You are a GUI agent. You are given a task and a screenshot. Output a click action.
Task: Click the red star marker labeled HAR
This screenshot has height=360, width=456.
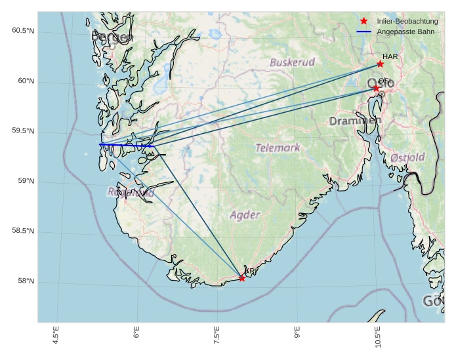coord(380,64)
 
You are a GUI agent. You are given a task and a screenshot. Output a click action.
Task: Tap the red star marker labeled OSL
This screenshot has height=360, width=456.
coord(376,88)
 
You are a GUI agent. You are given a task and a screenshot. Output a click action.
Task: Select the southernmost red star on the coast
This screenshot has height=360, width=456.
coord(242,278)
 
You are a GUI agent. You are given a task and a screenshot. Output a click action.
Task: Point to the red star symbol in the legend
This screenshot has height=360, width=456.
coord(364,22)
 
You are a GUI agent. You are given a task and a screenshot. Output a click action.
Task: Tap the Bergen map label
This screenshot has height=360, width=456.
coord(113,38)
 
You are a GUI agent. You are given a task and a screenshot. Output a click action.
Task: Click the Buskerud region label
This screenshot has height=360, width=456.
coord(292,62)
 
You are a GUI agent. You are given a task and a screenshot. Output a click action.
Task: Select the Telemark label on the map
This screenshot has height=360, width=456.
coord(278,148)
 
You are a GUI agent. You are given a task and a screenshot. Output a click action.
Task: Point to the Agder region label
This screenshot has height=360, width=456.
coord(245,215)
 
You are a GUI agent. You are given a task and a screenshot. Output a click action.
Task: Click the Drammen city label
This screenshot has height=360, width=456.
coord(354,121)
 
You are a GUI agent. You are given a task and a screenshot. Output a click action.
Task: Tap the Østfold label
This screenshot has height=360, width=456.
coord(407,157)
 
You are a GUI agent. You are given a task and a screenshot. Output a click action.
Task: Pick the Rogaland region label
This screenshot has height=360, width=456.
coord(131,193)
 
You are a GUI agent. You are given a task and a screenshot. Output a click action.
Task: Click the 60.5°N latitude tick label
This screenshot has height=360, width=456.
coord(23,31)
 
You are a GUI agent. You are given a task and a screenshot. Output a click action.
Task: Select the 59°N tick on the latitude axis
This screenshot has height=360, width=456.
coord(25,181)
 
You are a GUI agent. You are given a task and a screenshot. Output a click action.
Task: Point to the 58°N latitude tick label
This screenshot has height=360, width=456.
coord(25,281)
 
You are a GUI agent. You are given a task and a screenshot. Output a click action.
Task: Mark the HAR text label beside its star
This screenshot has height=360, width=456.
coord(390,56)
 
